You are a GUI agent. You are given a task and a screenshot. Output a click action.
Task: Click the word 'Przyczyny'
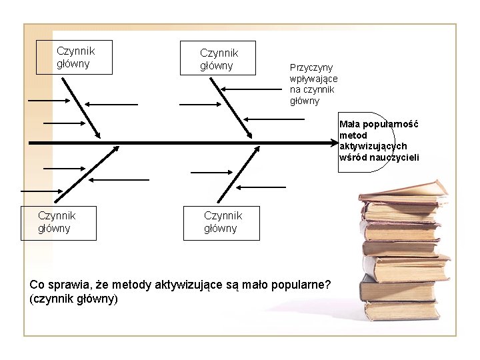[x=311, y=67]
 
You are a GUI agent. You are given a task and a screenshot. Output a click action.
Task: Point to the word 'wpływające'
[x=313, y=79]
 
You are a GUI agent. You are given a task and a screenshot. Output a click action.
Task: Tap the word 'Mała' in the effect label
[x=349, y=124]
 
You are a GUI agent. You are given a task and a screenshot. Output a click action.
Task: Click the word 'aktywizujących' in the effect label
[x=373, y=146]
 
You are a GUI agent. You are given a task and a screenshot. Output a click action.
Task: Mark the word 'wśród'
[x=353, y=157]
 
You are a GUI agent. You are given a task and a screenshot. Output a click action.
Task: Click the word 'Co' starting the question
[x=37, y=285]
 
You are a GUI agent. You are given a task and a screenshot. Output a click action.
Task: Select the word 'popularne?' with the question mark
[x=303, y=285]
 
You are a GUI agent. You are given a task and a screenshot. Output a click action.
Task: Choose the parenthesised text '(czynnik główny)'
[x=74, y=299]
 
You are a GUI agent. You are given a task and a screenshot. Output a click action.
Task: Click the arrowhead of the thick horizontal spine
[x=336, y=142]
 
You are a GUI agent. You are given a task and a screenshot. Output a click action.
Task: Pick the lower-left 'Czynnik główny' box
[x=67, y=223]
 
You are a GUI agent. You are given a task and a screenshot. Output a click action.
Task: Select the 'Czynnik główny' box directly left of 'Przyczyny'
[x=219, y=59]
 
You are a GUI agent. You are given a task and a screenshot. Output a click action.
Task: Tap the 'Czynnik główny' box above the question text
[x=223, y=223]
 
